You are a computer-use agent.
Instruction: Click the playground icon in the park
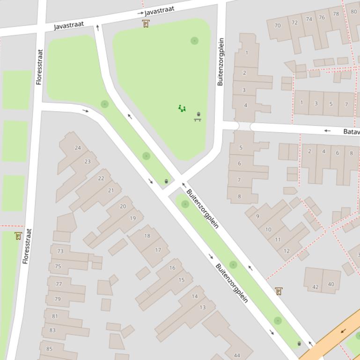(x=182, y=108)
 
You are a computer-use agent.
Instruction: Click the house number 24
(x=78, y=148)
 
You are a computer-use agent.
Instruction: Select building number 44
(x=237, y=355)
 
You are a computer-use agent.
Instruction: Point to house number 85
(x=49, y=348)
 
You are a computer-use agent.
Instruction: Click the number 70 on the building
(x=278, y=25)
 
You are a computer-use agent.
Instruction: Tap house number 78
(x=336, y=14)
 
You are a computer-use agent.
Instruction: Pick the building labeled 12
(x=287, y=251)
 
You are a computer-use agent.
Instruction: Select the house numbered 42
(x=316, y=287)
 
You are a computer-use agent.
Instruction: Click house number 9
(x=257, y=216)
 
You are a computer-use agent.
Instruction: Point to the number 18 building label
(x=147, y=236)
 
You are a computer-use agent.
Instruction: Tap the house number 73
(x=60, y=251)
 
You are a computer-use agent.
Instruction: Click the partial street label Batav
(x=351, y=131)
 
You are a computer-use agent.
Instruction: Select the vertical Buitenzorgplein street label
(x=220, y=62)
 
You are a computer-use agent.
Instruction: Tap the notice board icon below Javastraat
(x=146, y=24)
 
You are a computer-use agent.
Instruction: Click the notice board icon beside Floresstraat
(x=18, y=236)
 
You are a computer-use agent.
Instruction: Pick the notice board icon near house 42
(x=279, y=291)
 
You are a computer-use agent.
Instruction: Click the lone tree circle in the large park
(x=194, y=41)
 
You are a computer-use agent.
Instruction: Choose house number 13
(x=202, y=307)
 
